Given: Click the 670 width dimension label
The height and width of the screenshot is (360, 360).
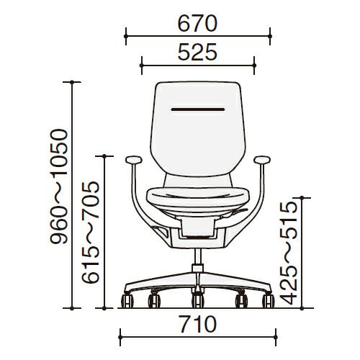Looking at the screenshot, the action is click(197, 24).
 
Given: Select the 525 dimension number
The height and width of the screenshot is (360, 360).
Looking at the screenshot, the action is click(197, 52).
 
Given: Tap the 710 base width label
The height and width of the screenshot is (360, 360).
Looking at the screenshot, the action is click(198, 325).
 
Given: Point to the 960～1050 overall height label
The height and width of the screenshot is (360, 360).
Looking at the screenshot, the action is click(59, 186).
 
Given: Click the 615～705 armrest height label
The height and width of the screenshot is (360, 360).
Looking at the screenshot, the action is click(91, 232).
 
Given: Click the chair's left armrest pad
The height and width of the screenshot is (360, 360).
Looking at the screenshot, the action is click(134, 159).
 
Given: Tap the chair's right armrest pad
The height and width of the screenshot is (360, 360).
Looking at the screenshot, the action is click(262, 159).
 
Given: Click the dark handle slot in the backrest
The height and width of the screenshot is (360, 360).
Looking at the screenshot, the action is click(198, 109).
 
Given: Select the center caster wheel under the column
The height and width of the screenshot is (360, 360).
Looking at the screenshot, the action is click(198, 300).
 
